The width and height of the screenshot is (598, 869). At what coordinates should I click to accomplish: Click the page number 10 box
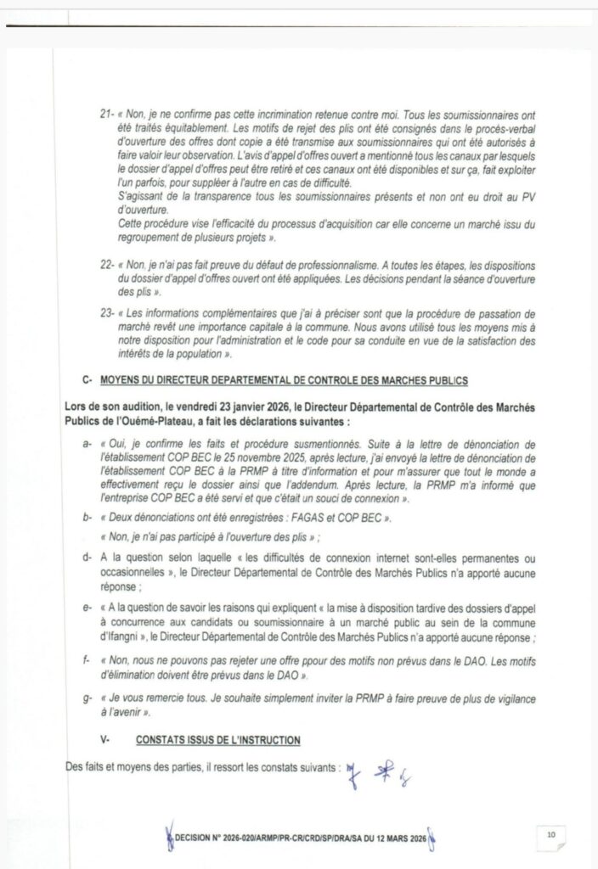551,834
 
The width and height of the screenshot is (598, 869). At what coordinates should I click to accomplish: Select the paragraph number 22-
107,266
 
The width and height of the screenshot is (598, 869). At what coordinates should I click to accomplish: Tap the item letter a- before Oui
86,443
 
